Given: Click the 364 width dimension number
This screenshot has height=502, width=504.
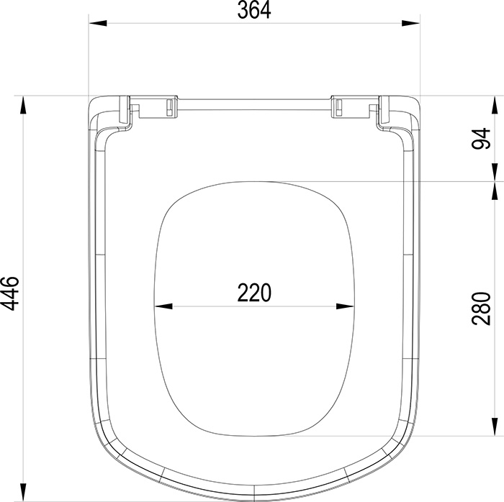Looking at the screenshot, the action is pyautogui.click(x=254, y=10).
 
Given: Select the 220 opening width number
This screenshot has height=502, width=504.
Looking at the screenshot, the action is pyautogui.click(x=254, y=293).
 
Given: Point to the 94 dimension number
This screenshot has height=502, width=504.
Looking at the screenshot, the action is pyautogui.click(x=481, y=139).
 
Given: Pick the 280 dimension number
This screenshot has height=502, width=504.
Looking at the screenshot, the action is pyautogui.click(x=481, y=309).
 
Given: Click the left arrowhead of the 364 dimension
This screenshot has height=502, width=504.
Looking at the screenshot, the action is pyautogui.click(x=98, y=23).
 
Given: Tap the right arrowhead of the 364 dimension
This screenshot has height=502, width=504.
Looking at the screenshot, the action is pyautogui.click(x=410, y=23).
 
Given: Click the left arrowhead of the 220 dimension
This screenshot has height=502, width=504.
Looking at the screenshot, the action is pyautogui.click(x=163, y=306).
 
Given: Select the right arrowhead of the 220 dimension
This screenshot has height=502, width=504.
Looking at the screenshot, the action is pyautogui.click(x=345, y=306).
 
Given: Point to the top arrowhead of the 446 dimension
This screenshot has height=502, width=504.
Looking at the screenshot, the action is pyautogui.click(x=23, y=106).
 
